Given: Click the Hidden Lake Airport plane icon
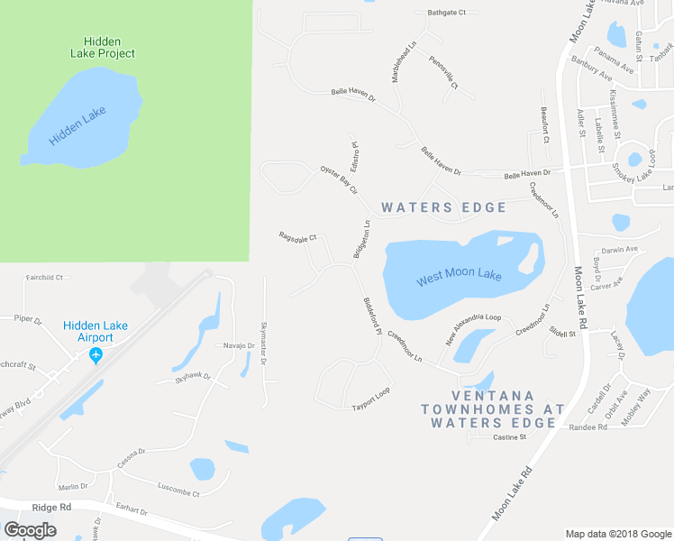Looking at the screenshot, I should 96,355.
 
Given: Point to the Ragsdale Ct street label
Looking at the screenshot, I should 298,237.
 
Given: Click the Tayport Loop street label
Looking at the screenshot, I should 370,405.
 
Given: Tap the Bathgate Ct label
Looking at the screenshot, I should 447,13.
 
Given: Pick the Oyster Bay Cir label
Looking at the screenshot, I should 340,179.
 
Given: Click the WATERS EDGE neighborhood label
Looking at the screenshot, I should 444,207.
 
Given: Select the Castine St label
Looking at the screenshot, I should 509,437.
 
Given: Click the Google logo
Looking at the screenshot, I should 31,529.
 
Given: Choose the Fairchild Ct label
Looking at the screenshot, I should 44,278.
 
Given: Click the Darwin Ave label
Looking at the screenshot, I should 619,249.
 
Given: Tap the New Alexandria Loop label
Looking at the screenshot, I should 474,330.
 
